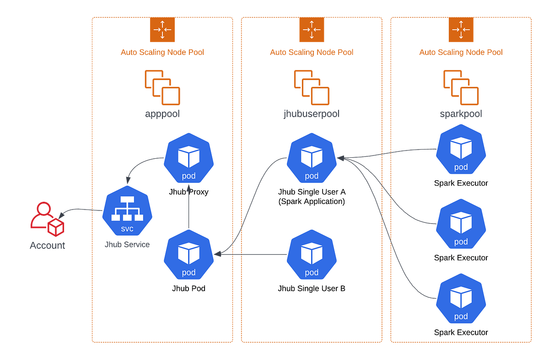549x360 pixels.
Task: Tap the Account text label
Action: pos(48,246)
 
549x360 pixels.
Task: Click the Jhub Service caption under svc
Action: pos(127,245)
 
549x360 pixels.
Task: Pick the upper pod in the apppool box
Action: pos(188,158)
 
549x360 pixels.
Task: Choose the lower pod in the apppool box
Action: pos(188,255)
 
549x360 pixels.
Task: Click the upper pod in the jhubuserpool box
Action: pos(312,158)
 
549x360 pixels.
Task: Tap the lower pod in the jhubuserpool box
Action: pos(312,255)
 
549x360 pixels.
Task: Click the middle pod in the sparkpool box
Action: pos(461,224)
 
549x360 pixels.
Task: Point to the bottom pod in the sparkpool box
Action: pos(461,298)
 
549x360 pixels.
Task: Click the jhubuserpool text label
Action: pos(312,114)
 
